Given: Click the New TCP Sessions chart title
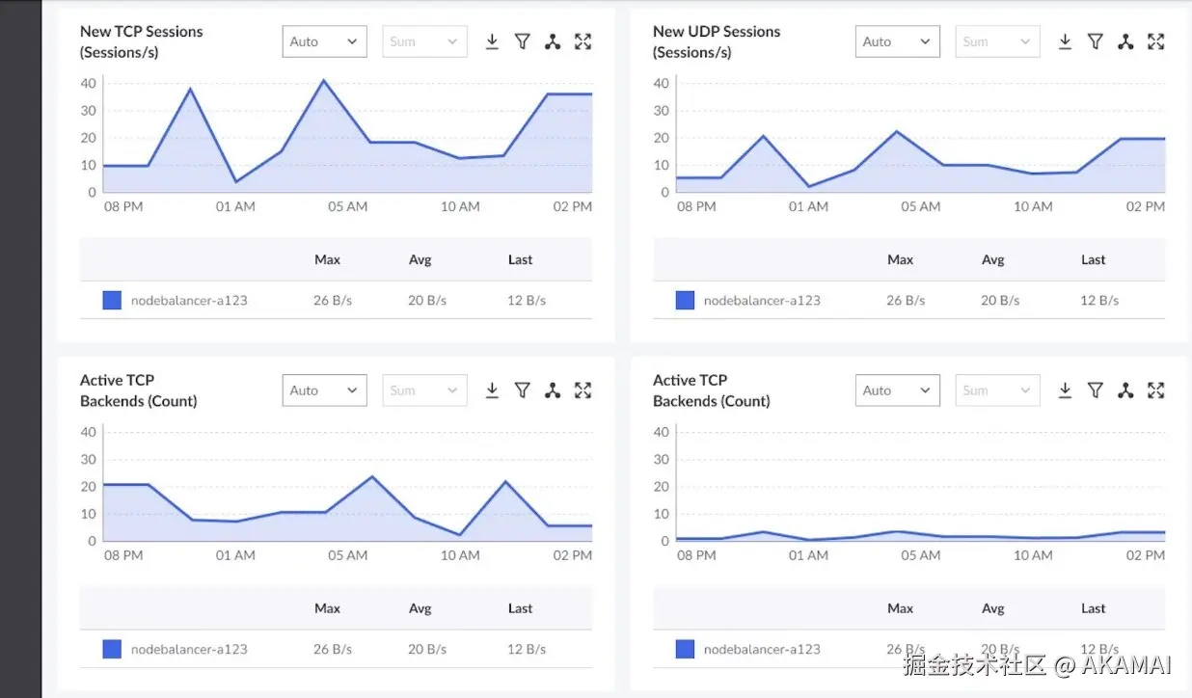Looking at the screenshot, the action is [142, 41].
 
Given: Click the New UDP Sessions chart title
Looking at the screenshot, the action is [717, 41].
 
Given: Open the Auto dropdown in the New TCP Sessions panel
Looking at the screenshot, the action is [325, 41].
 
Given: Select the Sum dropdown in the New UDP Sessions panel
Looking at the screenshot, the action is [998, 41].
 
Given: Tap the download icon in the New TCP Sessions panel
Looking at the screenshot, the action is [492, 41].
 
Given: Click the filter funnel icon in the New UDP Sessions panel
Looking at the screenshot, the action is [1096, 41].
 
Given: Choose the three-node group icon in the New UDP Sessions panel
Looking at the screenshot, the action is [1125, 41].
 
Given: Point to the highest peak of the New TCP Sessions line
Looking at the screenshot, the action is [323, 80].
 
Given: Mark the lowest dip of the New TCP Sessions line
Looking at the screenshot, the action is [236, 182].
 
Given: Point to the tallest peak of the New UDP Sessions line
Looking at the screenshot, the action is [897, 131].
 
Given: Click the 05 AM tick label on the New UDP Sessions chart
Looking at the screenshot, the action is [921, 206].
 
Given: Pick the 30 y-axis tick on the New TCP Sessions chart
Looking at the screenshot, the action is [89, 111].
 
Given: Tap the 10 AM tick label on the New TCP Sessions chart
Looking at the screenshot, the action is [460, 206].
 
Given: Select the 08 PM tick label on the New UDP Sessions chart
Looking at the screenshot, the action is [696, 206].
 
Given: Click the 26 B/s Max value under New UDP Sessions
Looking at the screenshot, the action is [906, 301].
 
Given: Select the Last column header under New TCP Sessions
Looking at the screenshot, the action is [521, 259].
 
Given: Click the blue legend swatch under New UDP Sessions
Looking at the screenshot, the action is [685, 300].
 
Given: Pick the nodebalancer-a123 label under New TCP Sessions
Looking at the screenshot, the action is [189, 301].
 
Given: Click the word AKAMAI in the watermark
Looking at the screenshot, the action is [1126, 665].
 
